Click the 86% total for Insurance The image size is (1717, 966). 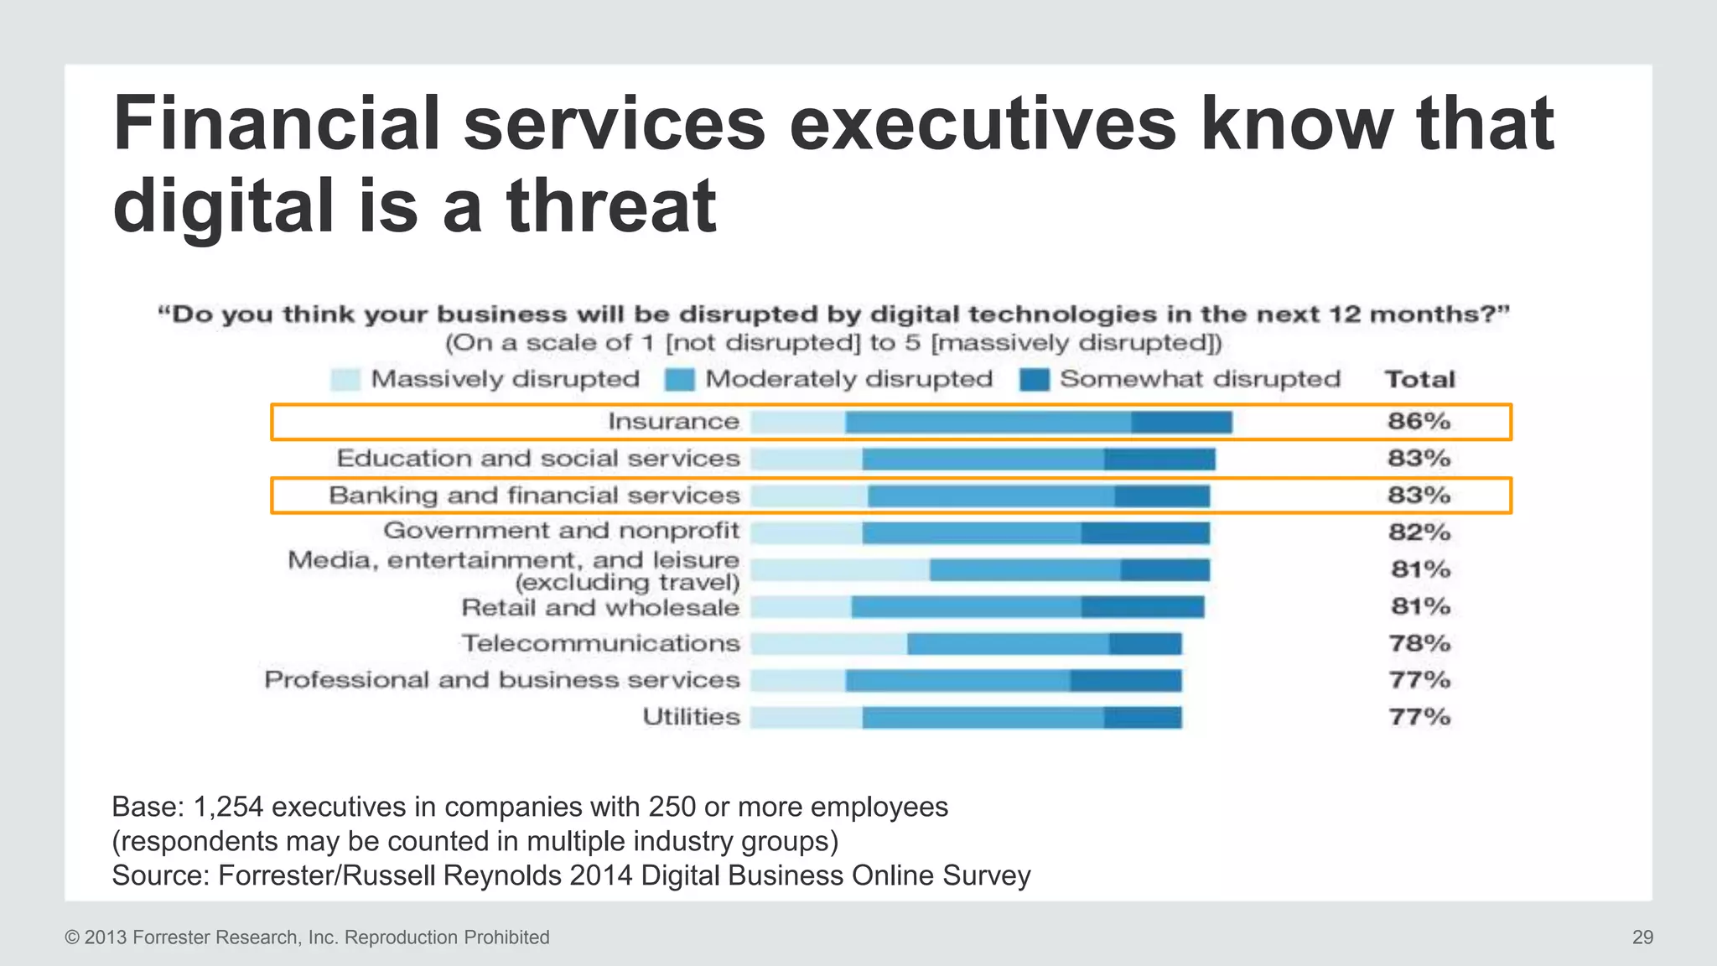click(1419, 421)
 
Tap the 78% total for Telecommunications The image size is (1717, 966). click(1419, 643)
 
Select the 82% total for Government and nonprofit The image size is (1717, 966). click(1419, 532)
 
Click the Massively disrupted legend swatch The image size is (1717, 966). click(345, 380)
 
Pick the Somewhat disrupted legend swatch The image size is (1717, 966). click(1035, 380)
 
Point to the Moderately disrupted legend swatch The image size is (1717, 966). click(680, 380)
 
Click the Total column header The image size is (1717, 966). click(1419, 379)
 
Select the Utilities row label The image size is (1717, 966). click(691, 717)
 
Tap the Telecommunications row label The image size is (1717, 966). click(600, 643)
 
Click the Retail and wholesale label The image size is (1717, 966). click(600, 607)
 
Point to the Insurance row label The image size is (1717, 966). click(673, 421)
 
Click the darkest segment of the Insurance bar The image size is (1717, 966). click(1180, 423)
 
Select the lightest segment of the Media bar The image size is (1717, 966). click(839, 570)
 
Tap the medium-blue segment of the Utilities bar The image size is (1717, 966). click(983, 718)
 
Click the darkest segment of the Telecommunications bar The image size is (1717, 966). click(1145, 644)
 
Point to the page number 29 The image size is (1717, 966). click(1642, 937)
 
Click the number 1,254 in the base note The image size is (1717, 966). click(228, 807)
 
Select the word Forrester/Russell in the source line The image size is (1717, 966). click(327, 875)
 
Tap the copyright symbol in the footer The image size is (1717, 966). click(72, 937)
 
